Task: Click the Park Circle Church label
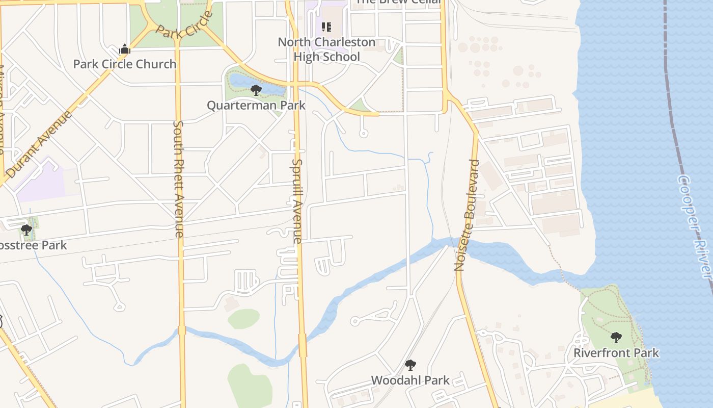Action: point(125,64)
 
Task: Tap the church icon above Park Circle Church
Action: point(125,49)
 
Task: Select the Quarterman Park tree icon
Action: point(256,91)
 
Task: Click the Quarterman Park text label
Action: point(256,106)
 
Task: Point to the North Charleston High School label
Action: point(326,49)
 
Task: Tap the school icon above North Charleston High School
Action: point(326,27)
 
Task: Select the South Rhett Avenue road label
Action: point(178,179)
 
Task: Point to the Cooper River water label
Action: point(694,226)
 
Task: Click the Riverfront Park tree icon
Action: point(616,337)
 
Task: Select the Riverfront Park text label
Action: point(616,353)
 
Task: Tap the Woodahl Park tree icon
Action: point(410,365)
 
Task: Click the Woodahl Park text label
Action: point(410,380)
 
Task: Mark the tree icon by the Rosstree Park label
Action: point(26,230)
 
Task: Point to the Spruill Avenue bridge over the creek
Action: point(303,345)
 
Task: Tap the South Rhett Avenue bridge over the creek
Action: point(182,330)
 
